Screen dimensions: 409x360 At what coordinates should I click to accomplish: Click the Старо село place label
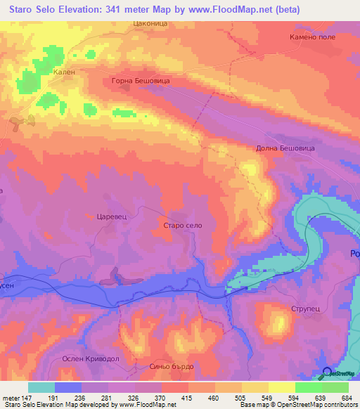[182, 224]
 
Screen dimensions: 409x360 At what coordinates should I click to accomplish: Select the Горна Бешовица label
[141, 81]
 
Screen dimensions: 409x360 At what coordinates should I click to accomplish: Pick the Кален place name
[63, 71]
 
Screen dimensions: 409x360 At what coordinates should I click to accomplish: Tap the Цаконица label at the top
[147, 23]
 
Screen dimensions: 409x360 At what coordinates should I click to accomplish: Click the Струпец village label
[304, 309]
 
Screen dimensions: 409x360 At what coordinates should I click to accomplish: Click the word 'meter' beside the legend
[11, 397]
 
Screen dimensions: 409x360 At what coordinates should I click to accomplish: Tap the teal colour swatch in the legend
[41, 387]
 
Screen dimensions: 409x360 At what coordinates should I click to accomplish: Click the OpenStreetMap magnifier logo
[327, 372]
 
